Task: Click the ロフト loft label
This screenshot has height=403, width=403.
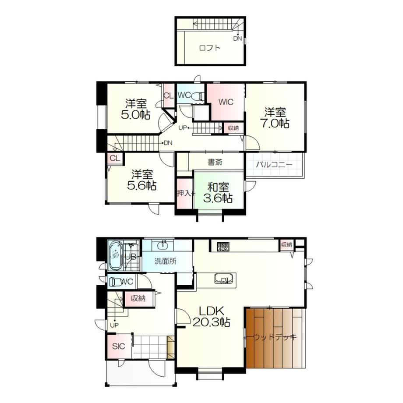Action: (x=210, y=48)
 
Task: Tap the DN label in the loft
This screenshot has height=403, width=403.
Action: (x=237, y=39)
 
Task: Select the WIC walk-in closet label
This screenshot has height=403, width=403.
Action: (x=226, y=102)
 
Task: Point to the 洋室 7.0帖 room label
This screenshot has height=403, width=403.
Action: (x=275, y=118)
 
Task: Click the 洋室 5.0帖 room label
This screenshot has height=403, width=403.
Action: (x=136, y=109)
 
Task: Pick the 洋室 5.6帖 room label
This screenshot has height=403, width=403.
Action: (x=141, y=180)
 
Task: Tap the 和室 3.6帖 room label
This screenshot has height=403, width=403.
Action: (x=218, y=193)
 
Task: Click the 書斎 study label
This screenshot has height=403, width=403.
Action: (x=215, y=162)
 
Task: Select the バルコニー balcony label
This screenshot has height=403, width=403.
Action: (x=274, y=165)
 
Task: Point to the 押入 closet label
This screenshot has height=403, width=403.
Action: (x=184, y=193)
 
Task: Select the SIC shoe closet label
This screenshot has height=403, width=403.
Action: (x=118, y=346)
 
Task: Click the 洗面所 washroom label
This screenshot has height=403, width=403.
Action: (x=166, y=261)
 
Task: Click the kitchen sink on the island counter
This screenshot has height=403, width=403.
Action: (x=223, y=279)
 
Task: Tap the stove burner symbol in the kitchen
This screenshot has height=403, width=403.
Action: (x=223, y=247)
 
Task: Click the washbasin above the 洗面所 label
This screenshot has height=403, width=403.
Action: (x=163, y=245)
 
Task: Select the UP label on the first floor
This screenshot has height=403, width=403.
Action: (x=114, y=325)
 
